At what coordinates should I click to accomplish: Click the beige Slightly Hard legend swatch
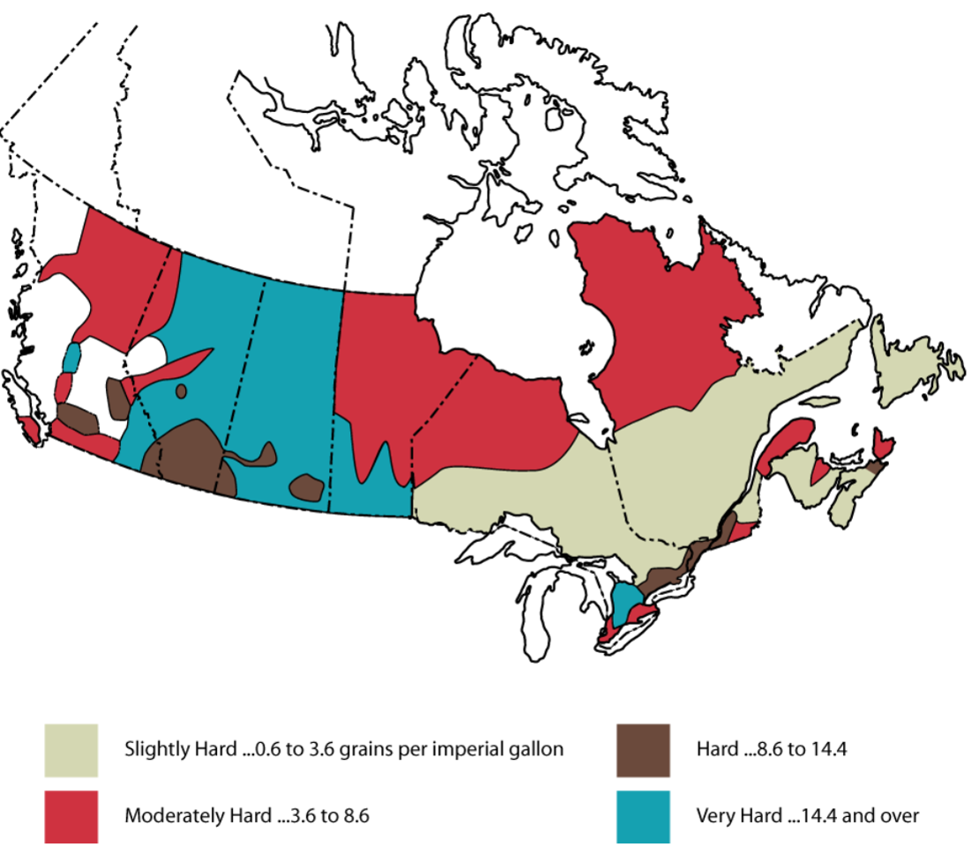[x=71, y=750]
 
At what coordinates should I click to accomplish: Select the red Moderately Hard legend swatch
[x=71, y=815]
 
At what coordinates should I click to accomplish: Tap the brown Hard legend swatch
[x=643, y=750]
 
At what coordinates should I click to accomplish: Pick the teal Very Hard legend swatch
[x=643, y=815]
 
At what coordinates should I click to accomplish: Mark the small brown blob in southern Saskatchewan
[x=306, y=487]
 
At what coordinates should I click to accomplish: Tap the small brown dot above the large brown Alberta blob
[x=181, y=390]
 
